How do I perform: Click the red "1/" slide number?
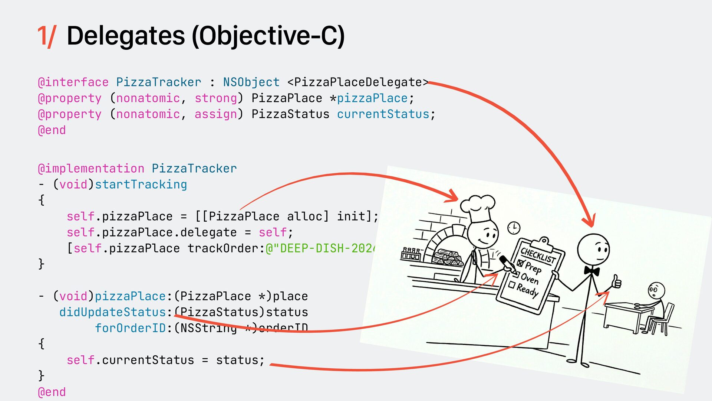pyautogui.click(x=47, y=36)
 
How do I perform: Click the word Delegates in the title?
pyautogui.click(x=125, y=36)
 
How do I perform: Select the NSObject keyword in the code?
pyautogui.click(x=251, y=82)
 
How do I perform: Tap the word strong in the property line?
pyautogui.click(x=215, y=98)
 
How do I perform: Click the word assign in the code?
pyautogui.click(x=215, y=114)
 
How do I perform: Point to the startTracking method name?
pyautogui.click(x=141, y=184)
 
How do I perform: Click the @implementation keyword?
pyautogui.click(x=91, y=168)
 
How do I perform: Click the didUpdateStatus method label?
pyautogui.click(x=112, y=312)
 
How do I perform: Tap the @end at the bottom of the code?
pyautogui.click(x=52, y=392)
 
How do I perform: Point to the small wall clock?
pyautogui.click(x=514, y=228)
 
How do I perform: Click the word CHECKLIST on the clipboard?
pyautogui.click(x=538, y=255)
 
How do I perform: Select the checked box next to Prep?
pyautogui.click(x=520, y=264)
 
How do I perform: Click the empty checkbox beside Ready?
pyautogui.click(x=512, y=285)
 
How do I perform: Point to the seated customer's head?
pyautogui.click(x=656, y=290)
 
